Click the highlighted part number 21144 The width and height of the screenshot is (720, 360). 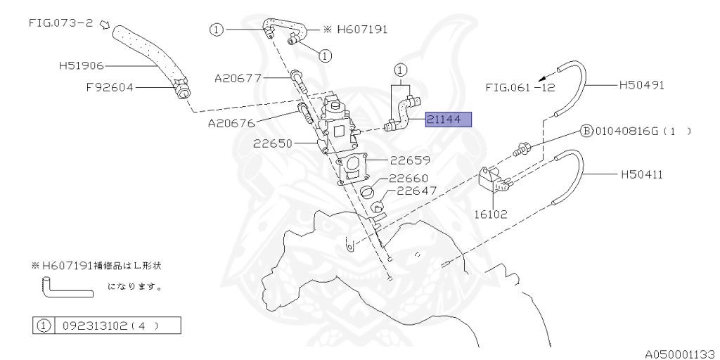point(448,120)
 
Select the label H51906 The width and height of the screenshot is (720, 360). point(81,65)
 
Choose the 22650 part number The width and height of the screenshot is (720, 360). point(274,143)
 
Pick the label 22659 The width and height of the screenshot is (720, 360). point(410,160)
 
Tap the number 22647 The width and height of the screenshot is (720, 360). point(417,191)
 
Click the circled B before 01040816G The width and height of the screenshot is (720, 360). point(585,131)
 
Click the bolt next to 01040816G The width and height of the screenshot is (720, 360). point(522,148)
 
